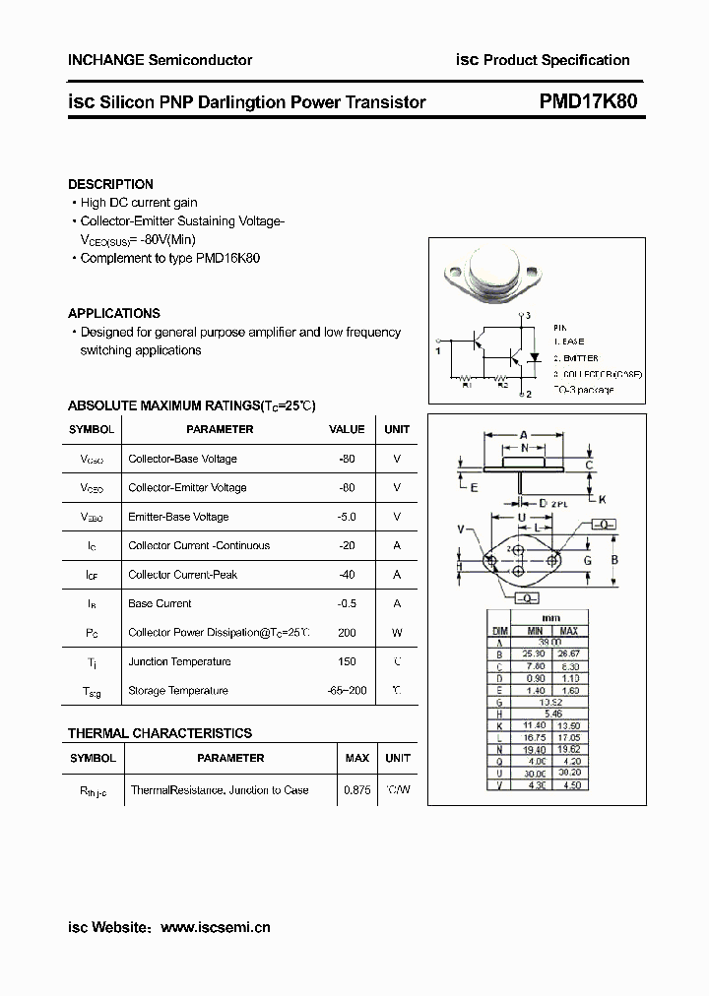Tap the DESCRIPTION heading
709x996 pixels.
pos(110,184)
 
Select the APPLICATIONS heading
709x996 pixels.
pos(114,313)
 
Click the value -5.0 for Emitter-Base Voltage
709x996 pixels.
pos(346,517)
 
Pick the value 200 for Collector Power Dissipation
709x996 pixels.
pos(346,633)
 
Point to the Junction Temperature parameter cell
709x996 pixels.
pos(179,661)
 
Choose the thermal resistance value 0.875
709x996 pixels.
pos(356,790)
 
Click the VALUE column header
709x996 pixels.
pos(347,429)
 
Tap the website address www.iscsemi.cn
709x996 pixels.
pos(215,927)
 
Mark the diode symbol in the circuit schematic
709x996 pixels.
pos(535,356)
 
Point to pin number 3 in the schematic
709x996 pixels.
pos(528,315)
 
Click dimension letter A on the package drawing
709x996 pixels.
pos(524,434)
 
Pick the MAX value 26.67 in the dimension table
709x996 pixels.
pos(569,654)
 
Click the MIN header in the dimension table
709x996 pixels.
pos(535,631)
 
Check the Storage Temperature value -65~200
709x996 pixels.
pos(347,691)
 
